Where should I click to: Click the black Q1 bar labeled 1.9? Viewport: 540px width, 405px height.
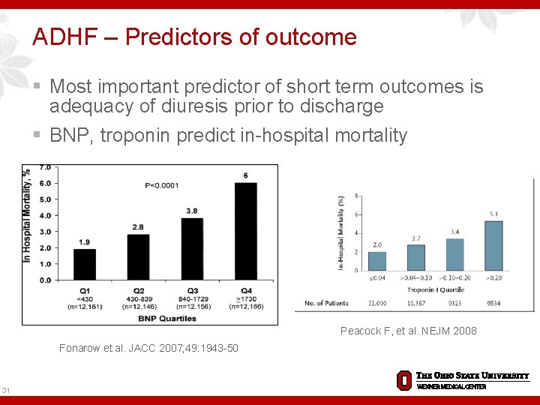click(85, 264)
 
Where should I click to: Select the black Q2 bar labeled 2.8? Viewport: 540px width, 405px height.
click(138, 256)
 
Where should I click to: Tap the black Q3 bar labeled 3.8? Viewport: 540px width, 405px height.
click(192, 248)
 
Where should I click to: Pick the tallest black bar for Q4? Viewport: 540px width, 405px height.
click(245, 231)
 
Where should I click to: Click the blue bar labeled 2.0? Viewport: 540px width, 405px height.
click(377, 261)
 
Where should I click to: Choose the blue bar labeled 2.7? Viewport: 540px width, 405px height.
click(415, 257)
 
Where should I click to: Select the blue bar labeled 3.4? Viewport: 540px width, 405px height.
click(454, 254)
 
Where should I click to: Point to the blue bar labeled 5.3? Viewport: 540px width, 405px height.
click(493, 245)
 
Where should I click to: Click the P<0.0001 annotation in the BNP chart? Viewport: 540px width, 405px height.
click(163, 185)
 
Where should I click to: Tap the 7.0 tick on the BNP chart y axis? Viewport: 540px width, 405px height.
click(44, 167)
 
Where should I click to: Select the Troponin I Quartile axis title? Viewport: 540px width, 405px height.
click(436, 289)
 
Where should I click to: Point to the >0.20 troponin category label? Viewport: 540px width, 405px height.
click(493, 278)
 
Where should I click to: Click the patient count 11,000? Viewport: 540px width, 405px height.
click(377, 303)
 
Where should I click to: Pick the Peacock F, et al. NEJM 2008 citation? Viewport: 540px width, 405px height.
click(408, 331)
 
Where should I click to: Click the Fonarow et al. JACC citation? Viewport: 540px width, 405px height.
click(148, 347)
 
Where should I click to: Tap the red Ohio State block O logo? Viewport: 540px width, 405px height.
click(403, 379)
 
